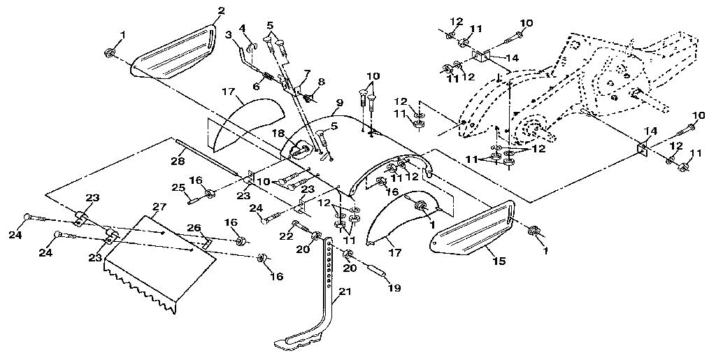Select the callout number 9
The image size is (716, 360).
coord(338,103)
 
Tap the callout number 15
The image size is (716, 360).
coord(499,261)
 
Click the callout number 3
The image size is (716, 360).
coord(228,34)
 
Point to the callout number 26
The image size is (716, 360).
coord(194,227)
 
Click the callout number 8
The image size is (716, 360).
coord(322,82)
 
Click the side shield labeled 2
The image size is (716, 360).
coord(174,52)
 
